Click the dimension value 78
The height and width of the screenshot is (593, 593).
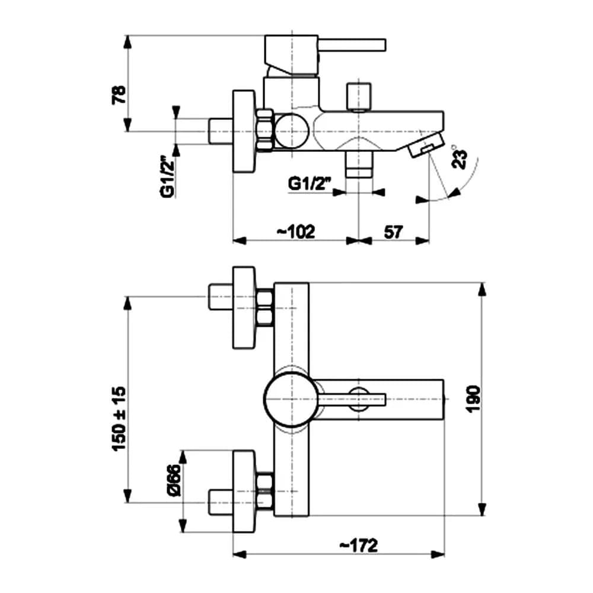point(119,94)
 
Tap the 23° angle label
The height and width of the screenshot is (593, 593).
point(460,157)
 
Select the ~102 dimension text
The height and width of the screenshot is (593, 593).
point(295,231)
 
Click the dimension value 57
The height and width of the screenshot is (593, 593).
point(393,231)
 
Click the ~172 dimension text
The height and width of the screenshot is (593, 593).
point(358,545)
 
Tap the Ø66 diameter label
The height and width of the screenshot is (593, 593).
point(173,481)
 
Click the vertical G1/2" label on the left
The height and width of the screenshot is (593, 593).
point(168,177)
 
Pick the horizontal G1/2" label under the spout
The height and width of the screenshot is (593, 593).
point(309,184)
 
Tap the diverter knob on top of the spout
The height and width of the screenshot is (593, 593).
point(359,96)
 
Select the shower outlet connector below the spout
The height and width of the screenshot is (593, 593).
point(359,164)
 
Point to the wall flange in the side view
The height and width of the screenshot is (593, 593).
point(243,132)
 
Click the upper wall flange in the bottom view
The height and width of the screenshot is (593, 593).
point(244,308)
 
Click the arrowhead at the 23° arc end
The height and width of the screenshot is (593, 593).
point(455,192)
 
